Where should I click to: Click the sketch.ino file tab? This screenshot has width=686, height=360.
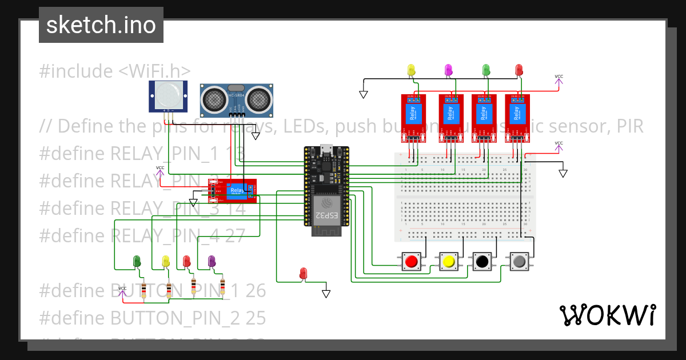click(x=101, y=25)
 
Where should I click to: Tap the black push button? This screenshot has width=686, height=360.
click(x=481, y=262)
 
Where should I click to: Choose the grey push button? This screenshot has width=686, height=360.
click(x=519, y=262)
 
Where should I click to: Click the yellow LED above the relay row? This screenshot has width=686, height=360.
click(x=411, y=70)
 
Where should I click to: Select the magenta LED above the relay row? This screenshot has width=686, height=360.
click(x=448, y=70)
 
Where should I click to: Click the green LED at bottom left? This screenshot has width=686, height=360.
click(x=137, y=261)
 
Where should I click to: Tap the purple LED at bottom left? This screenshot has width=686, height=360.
click(x=212, y=261)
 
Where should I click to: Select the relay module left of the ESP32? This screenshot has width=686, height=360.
click(x=233, y=191)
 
